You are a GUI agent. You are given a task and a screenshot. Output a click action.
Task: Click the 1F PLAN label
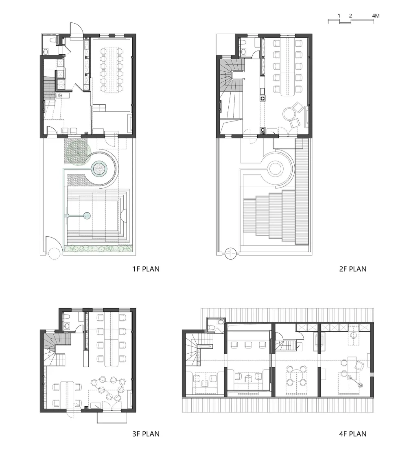(x=146, y=269)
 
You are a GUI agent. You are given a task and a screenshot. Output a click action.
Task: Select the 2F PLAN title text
(x=353, y=269)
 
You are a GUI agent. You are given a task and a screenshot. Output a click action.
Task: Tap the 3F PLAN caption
(x=146, y=434)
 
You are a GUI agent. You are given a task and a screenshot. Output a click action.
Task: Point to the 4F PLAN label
(x=353, y=434)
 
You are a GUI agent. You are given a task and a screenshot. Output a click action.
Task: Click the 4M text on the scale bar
(x=376, y=16)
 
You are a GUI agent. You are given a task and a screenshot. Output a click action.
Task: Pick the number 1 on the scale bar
(x=339, y=16)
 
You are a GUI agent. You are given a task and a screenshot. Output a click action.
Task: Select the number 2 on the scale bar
(x=350, y=16)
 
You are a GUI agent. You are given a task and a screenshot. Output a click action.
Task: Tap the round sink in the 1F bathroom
(x=46, y=52)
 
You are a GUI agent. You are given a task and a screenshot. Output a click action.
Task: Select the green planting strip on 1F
(x=98, y=249)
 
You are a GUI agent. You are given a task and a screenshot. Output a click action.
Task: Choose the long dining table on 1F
(x=112, y=70)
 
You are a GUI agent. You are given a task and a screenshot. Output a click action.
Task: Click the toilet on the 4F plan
(x=212, y=328)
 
